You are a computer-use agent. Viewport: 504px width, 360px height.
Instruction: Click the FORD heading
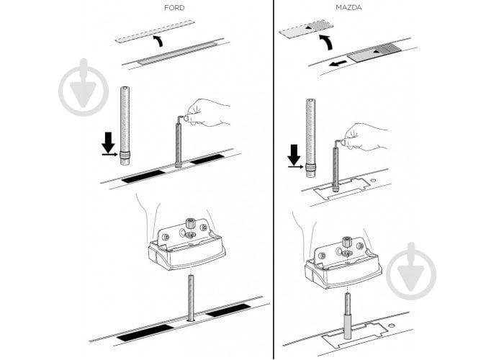(174, 8)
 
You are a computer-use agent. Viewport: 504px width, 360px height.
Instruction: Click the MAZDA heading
(348, 8)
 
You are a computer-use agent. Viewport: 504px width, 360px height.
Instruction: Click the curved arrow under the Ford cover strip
(158, 40)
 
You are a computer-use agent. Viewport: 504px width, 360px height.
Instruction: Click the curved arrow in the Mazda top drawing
(326, 42)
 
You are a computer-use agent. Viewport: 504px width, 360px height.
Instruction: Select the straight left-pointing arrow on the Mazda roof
(338, 63)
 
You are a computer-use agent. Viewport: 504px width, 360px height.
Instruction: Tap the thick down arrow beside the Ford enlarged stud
(108, 143)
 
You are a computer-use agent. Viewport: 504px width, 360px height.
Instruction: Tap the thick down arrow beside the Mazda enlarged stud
(294, 155)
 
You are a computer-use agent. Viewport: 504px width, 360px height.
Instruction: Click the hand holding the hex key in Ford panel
(207, 112)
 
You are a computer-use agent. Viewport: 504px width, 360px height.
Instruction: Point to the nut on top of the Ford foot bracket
(189, 223)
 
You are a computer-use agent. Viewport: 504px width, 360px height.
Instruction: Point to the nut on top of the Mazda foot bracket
(346, 241)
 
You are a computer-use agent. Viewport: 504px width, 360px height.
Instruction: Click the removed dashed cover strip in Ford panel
(156, 32)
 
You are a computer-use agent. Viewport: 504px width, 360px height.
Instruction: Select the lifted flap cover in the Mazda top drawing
(306, 30)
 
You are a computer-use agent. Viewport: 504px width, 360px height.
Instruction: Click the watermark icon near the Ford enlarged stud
(84, 87)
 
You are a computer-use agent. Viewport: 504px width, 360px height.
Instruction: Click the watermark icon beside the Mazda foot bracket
(411, 271)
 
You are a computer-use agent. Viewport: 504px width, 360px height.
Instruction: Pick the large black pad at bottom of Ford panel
(145, 333)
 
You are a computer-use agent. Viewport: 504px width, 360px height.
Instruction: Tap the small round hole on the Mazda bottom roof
(392, 325)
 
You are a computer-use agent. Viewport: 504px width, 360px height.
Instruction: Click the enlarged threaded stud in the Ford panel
(125, 126)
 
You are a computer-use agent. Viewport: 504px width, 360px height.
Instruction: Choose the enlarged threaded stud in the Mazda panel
(310, 138)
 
